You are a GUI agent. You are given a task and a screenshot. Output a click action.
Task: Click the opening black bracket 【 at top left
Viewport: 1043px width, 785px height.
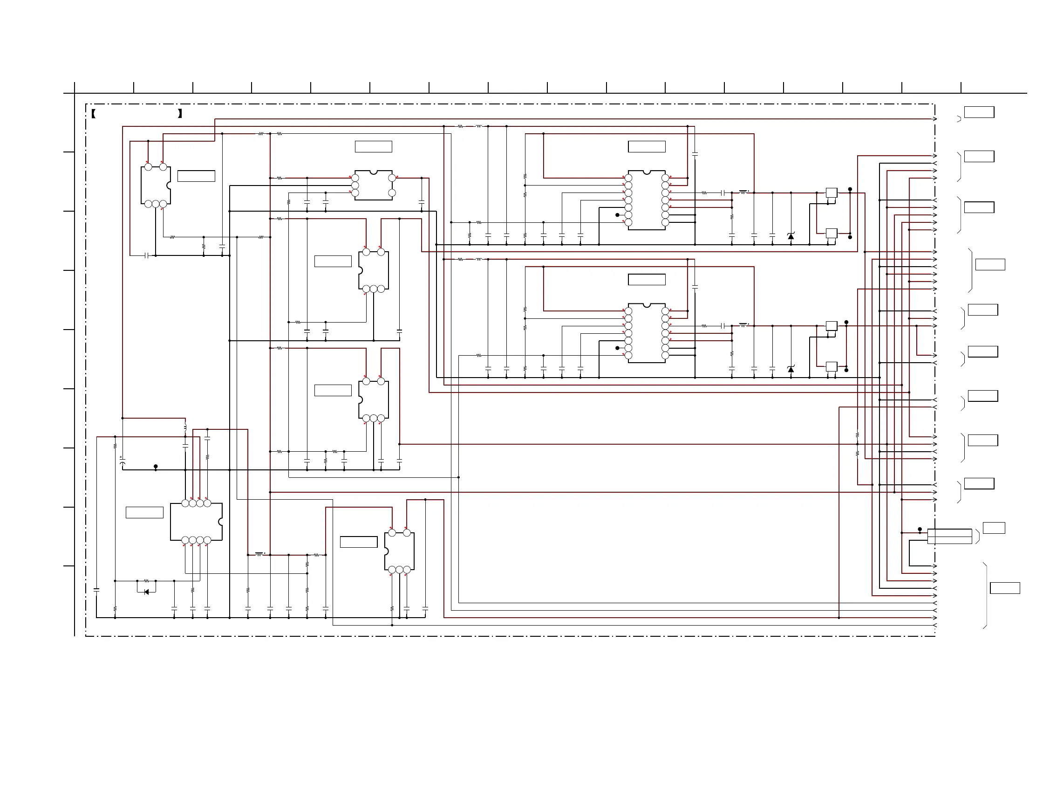click(x=93, y=114)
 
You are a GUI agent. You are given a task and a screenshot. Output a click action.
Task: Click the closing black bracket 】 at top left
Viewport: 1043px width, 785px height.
click(x=180, y=114)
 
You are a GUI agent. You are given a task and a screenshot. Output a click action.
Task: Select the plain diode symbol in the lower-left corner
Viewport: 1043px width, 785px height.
click(x=146, y=592)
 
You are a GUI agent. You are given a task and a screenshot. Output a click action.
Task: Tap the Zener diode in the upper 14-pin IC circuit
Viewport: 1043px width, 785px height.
click(x=791, y=236)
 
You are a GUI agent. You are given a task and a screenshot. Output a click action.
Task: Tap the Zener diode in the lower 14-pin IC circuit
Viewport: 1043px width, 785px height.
click(x=791, y=369)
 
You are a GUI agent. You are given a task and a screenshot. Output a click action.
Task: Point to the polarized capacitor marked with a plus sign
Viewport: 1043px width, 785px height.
click(x=123, y=461)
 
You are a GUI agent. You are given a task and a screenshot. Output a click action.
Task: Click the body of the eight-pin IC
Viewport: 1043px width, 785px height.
click(x=196, y=521)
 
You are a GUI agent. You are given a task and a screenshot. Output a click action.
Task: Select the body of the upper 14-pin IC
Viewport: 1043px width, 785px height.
click(x=647, y=200)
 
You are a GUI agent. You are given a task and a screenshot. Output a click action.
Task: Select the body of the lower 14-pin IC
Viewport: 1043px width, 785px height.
click(x=647, y=333)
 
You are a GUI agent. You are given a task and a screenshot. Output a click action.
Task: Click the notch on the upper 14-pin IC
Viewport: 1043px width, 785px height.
click(x=647, y=172)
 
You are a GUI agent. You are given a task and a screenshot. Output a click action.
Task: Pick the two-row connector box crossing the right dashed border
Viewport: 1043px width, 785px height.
click(x=950, y=537)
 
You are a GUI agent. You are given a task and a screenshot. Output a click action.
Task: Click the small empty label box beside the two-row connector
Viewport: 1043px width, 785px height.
click(x=994, y=528)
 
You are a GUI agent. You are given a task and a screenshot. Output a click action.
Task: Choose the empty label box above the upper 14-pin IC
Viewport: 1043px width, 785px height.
click(x=647, y=147)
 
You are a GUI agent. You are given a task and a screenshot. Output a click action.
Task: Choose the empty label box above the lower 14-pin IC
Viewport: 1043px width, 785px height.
click(x=647, y=280)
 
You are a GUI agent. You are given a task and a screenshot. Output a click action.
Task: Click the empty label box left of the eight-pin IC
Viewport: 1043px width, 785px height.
click(x=144, y=512)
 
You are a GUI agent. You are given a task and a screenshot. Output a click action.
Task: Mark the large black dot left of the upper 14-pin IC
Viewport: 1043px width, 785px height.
click(x=617, y=215)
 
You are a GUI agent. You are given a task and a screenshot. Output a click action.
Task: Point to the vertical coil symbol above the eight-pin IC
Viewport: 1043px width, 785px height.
click(x=185, y=427)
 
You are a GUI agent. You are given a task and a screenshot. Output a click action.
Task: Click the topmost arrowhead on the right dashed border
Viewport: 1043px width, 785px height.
click(x=934, y=119)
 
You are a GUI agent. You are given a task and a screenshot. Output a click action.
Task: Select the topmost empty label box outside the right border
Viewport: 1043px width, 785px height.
click(x=979, y=112)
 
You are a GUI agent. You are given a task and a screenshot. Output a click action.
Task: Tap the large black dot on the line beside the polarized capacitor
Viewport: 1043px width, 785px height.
click(x=156, y=466)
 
